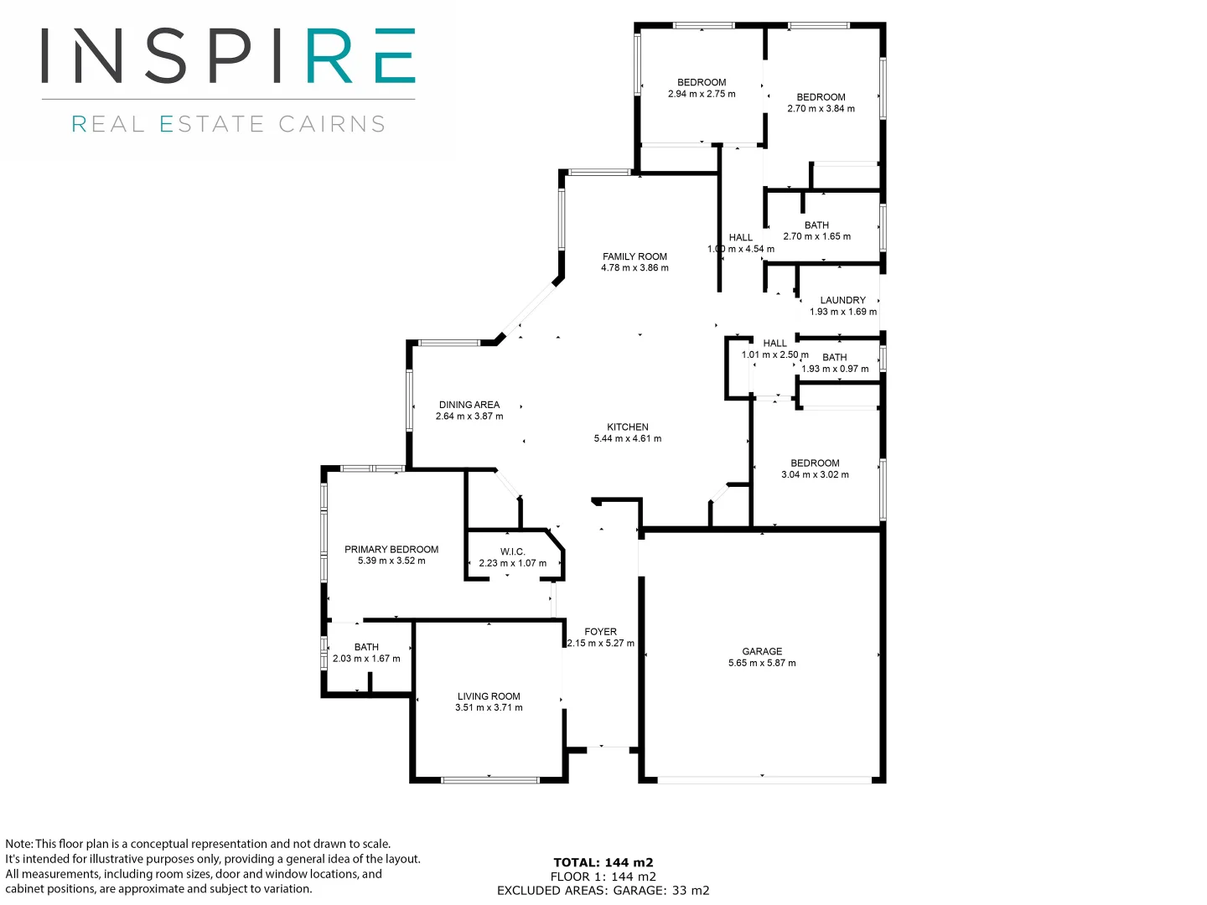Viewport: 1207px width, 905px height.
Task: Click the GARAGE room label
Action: coord(762,651)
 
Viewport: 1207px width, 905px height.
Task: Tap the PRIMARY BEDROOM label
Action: coord(391,550)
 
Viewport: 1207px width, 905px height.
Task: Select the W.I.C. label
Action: coord(512,551)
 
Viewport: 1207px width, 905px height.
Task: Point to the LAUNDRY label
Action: coord(842,300)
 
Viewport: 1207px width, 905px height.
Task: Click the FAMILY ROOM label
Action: coord(635,256)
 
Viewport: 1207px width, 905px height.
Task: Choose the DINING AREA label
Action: coord(469,405)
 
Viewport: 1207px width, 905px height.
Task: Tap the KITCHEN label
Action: coord(627,427)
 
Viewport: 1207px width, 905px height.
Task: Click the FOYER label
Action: coord(600,632)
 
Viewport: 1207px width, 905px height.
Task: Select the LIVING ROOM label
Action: coord(489,696)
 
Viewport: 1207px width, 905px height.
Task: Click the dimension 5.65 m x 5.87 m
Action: coord(762,663)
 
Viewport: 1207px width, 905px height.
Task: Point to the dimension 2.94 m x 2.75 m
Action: coord(702,94)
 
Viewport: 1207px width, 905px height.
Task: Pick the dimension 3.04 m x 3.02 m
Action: coord(815,474)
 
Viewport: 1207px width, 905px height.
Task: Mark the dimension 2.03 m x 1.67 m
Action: coord(366,659)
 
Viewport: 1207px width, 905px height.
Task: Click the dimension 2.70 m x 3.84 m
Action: coord(821,109)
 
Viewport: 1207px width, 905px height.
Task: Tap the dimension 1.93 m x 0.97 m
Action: coord(835,369)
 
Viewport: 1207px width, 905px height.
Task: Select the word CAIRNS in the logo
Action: coord(332,124)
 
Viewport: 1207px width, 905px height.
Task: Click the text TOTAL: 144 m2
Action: coord(603,862)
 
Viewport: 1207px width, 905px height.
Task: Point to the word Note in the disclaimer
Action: coord(18,844)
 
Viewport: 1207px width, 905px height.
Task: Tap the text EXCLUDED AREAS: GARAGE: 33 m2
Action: coord(603,891)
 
